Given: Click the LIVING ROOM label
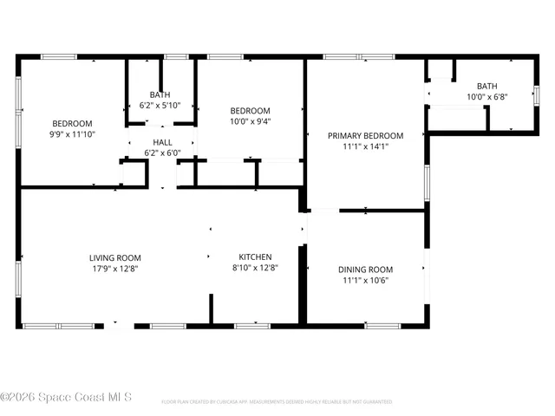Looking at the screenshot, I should tap(114, 257).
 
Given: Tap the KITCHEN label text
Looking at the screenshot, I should tap(256, 257).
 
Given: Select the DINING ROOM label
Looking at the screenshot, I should tap(365, 270).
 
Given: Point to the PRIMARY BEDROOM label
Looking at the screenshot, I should tap(365, 135).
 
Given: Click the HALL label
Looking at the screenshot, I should tap(162, 142).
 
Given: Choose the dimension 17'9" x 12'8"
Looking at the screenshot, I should tap(114, 269).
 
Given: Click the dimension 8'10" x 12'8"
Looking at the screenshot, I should tap(256, 268).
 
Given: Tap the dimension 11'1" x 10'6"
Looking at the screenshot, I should tap(365, 281).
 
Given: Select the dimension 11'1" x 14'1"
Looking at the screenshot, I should tap(365, 146).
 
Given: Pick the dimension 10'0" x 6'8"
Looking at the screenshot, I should tap(486, 97).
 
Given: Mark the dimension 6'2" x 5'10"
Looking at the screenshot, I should tap(160, 106).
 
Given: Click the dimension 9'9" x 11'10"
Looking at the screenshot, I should tap(72, 134).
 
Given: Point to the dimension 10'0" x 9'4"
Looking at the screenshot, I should tap(250, 122).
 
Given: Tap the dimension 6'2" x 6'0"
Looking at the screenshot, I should tap(162, 153).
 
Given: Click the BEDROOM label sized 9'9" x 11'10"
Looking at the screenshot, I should tap(72, 123).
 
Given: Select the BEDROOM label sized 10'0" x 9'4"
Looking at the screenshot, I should tap(250, 111).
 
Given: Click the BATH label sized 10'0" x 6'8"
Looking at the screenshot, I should tap(486, 86).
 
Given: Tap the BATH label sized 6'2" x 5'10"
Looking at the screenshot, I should tap(160, 94).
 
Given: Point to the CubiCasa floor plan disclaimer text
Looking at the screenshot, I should tap(277, 402).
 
